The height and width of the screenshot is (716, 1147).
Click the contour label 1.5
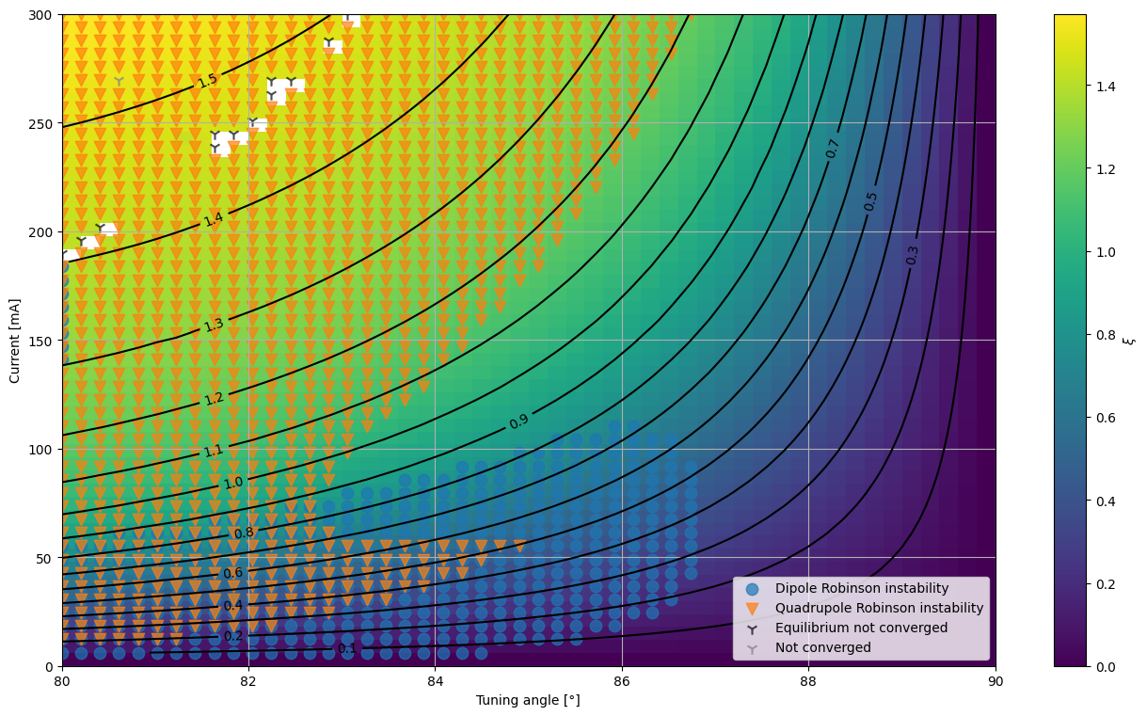click(208, 80)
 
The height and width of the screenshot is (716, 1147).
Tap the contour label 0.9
click(518, 422)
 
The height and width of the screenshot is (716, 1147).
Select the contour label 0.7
click(832, 149)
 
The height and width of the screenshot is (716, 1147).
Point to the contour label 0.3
click(912, 256)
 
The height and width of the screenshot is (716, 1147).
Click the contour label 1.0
click(233, 483)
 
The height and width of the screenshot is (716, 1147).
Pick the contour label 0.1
click(347, 649)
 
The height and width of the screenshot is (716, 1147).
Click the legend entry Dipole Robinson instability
click(862, 588)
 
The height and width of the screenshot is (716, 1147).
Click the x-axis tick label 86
click(622, 681)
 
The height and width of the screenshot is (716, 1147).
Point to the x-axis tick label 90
click(996, 681)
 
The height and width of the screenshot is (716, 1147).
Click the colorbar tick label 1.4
click(1106, 87)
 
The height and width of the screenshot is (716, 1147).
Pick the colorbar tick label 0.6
click(1106, 418)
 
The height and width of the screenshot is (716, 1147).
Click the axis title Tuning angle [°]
click(528, 700)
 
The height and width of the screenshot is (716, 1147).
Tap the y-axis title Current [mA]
click(14, 342)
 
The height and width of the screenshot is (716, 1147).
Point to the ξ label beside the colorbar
click(1131, 341)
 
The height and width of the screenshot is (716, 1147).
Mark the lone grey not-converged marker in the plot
click(119, 81)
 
